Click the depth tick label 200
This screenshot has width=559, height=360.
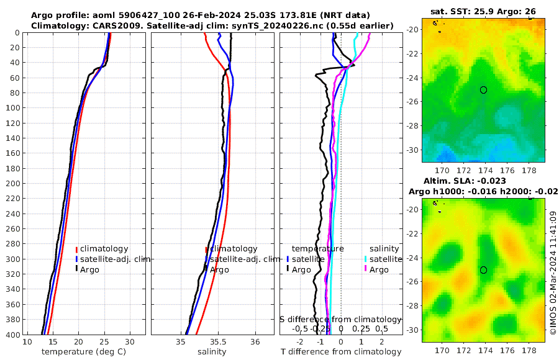12,184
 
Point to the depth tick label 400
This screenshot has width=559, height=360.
12,335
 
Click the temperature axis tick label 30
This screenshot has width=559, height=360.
129,342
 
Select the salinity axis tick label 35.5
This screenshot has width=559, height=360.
217,342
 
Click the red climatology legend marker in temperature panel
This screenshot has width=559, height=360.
77,249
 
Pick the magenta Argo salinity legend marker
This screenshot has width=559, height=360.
366,269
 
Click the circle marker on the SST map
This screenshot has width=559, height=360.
483,90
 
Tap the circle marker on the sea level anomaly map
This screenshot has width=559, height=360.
483,270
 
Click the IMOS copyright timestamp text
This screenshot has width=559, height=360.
553,273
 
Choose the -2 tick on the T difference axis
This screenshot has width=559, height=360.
300,342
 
